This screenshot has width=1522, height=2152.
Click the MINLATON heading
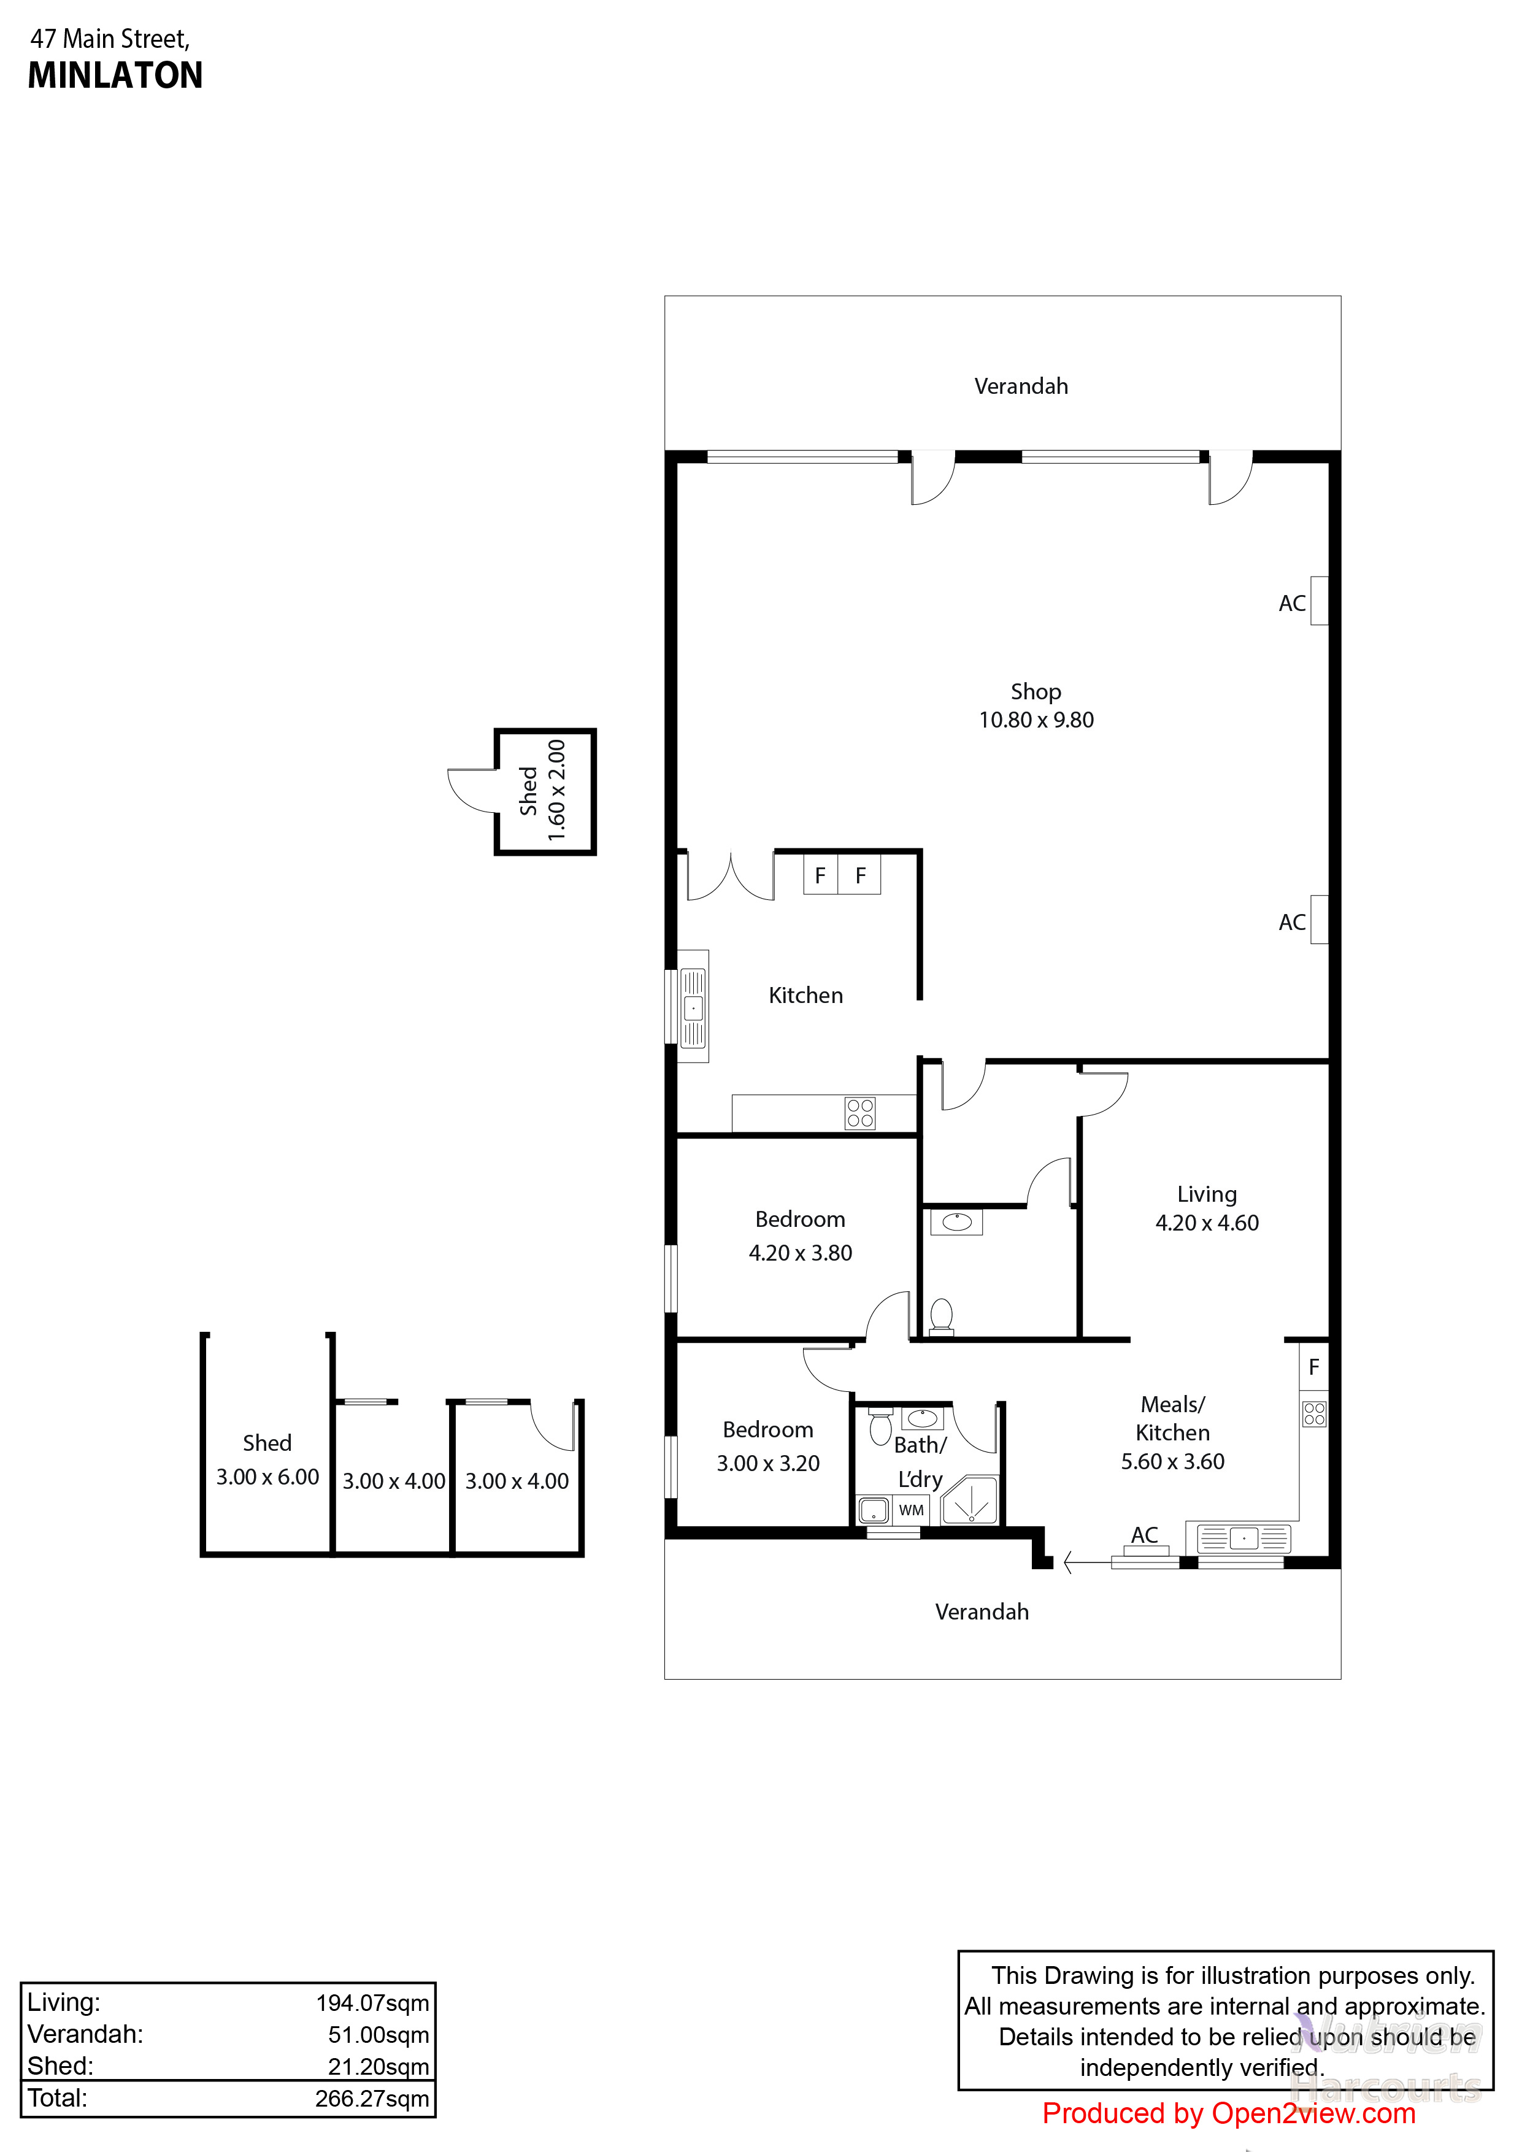coord(115,75)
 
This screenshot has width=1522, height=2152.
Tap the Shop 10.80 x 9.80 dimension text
coord(1036,720)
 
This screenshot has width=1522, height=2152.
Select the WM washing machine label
coord(911,1510)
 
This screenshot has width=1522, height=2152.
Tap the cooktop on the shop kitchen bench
coord(859,1113)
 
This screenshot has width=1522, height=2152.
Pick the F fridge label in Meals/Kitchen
coord(1314,1367)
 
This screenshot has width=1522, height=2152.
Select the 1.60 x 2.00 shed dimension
coord(556,790)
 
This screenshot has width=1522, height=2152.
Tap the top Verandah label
coord(1021,386)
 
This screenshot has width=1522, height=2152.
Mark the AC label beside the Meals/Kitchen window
coord(1144,1534)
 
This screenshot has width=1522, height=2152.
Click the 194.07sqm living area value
coord(372,2002)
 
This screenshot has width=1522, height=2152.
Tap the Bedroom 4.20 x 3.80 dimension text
coord(801,1253)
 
